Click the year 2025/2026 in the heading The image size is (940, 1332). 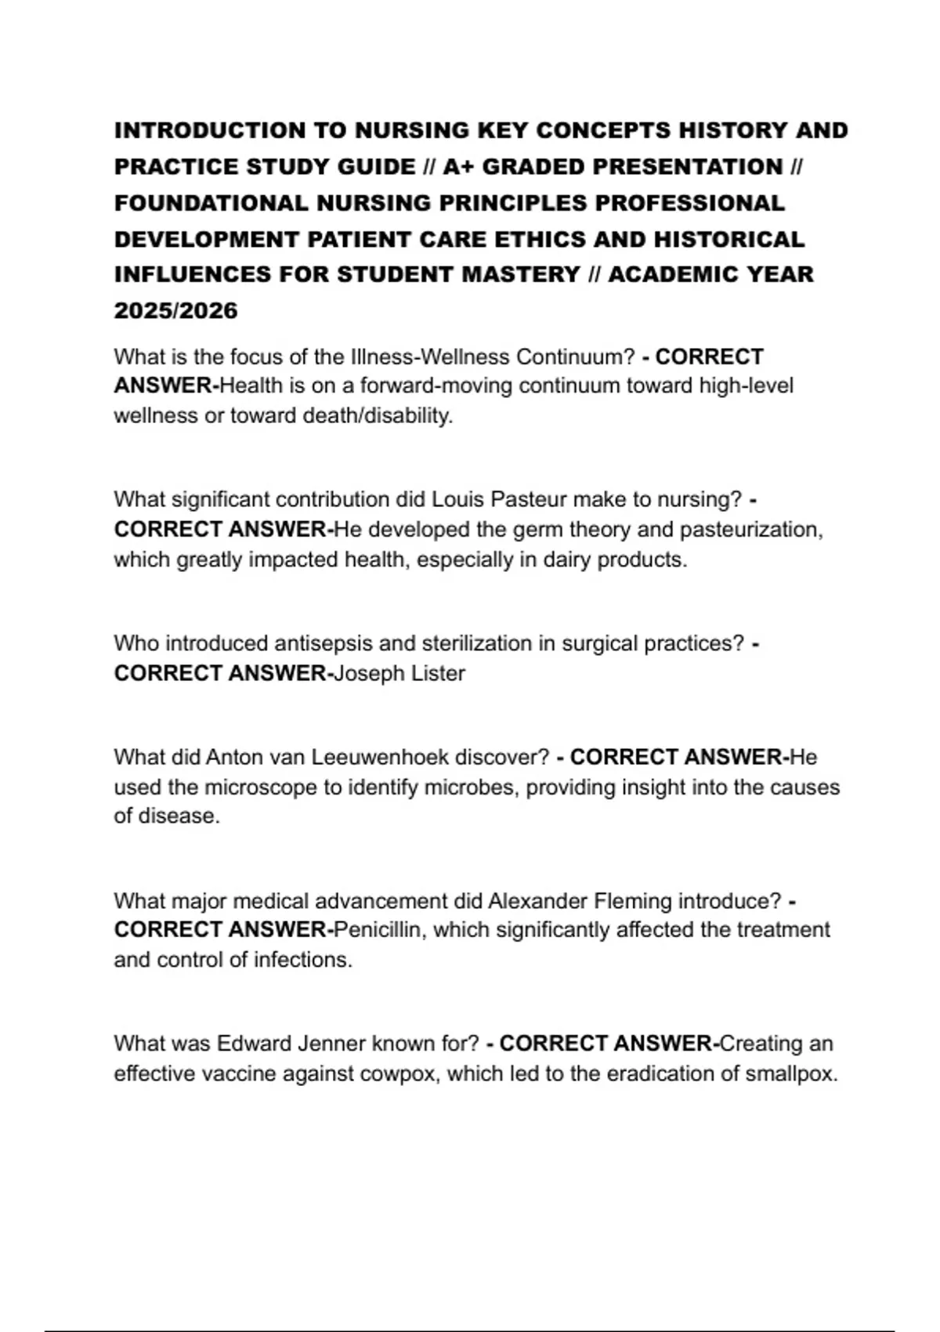pos(175,311)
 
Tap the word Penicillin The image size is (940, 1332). pos(379,930)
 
